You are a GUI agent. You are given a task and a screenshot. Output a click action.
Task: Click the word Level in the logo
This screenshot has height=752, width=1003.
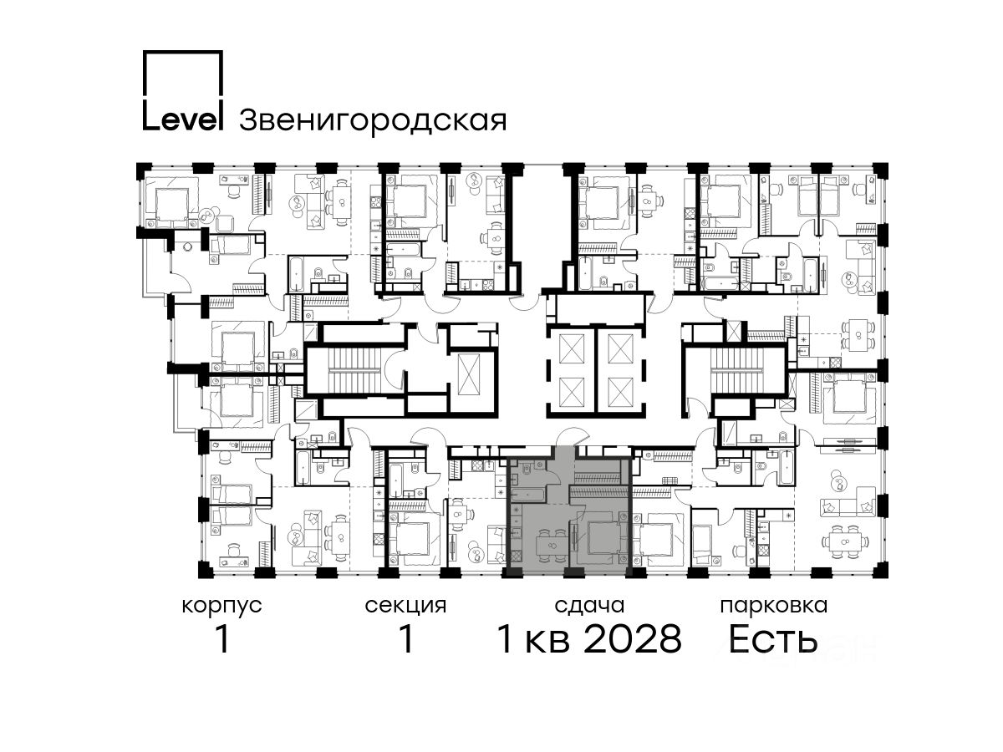coord(183,119)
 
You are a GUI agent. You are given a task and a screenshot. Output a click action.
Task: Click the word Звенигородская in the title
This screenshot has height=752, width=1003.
coord(373,121)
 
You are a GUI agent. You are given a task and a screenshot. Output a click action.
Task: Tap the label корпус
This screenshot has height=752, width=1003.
coord(222,606)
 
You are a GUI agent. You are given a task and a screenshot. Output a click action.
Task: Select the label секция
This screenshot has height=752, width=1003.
coord(405,606)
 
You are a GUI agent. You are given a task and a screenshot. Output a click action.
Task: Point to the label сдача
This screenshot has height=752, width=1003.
coord(589,606)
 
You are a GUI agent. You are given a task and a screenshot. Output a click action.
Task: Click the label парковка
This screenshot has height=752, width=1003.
coord(774,606)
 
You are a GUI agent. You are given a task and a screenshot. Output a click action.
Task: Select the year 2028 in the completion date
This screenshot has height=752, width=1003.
coord(633,639)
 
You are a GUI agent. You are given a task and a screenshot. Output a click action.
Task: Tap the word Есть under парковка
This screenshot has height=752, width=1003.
coord(772,639)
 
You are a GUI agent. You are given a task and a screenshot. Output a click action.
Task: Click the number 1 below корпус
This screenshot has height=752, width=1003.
coord(222,639)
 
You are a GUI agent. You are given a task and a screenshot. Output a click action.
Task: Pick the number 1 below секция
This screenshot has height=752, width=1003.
coord(405,639)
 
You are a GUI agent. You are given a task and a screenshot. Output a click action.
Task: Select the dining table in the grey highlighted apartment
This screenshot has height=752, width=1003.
coord(552,545)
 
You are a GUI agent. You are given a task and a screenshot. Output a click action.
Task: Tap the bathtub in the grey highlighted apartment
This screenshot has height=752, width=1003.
coord(527,494)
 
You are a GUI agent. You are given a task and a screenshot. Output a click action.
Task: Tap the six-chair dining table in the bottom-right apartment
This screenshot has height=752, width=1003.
coord(845,542)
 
